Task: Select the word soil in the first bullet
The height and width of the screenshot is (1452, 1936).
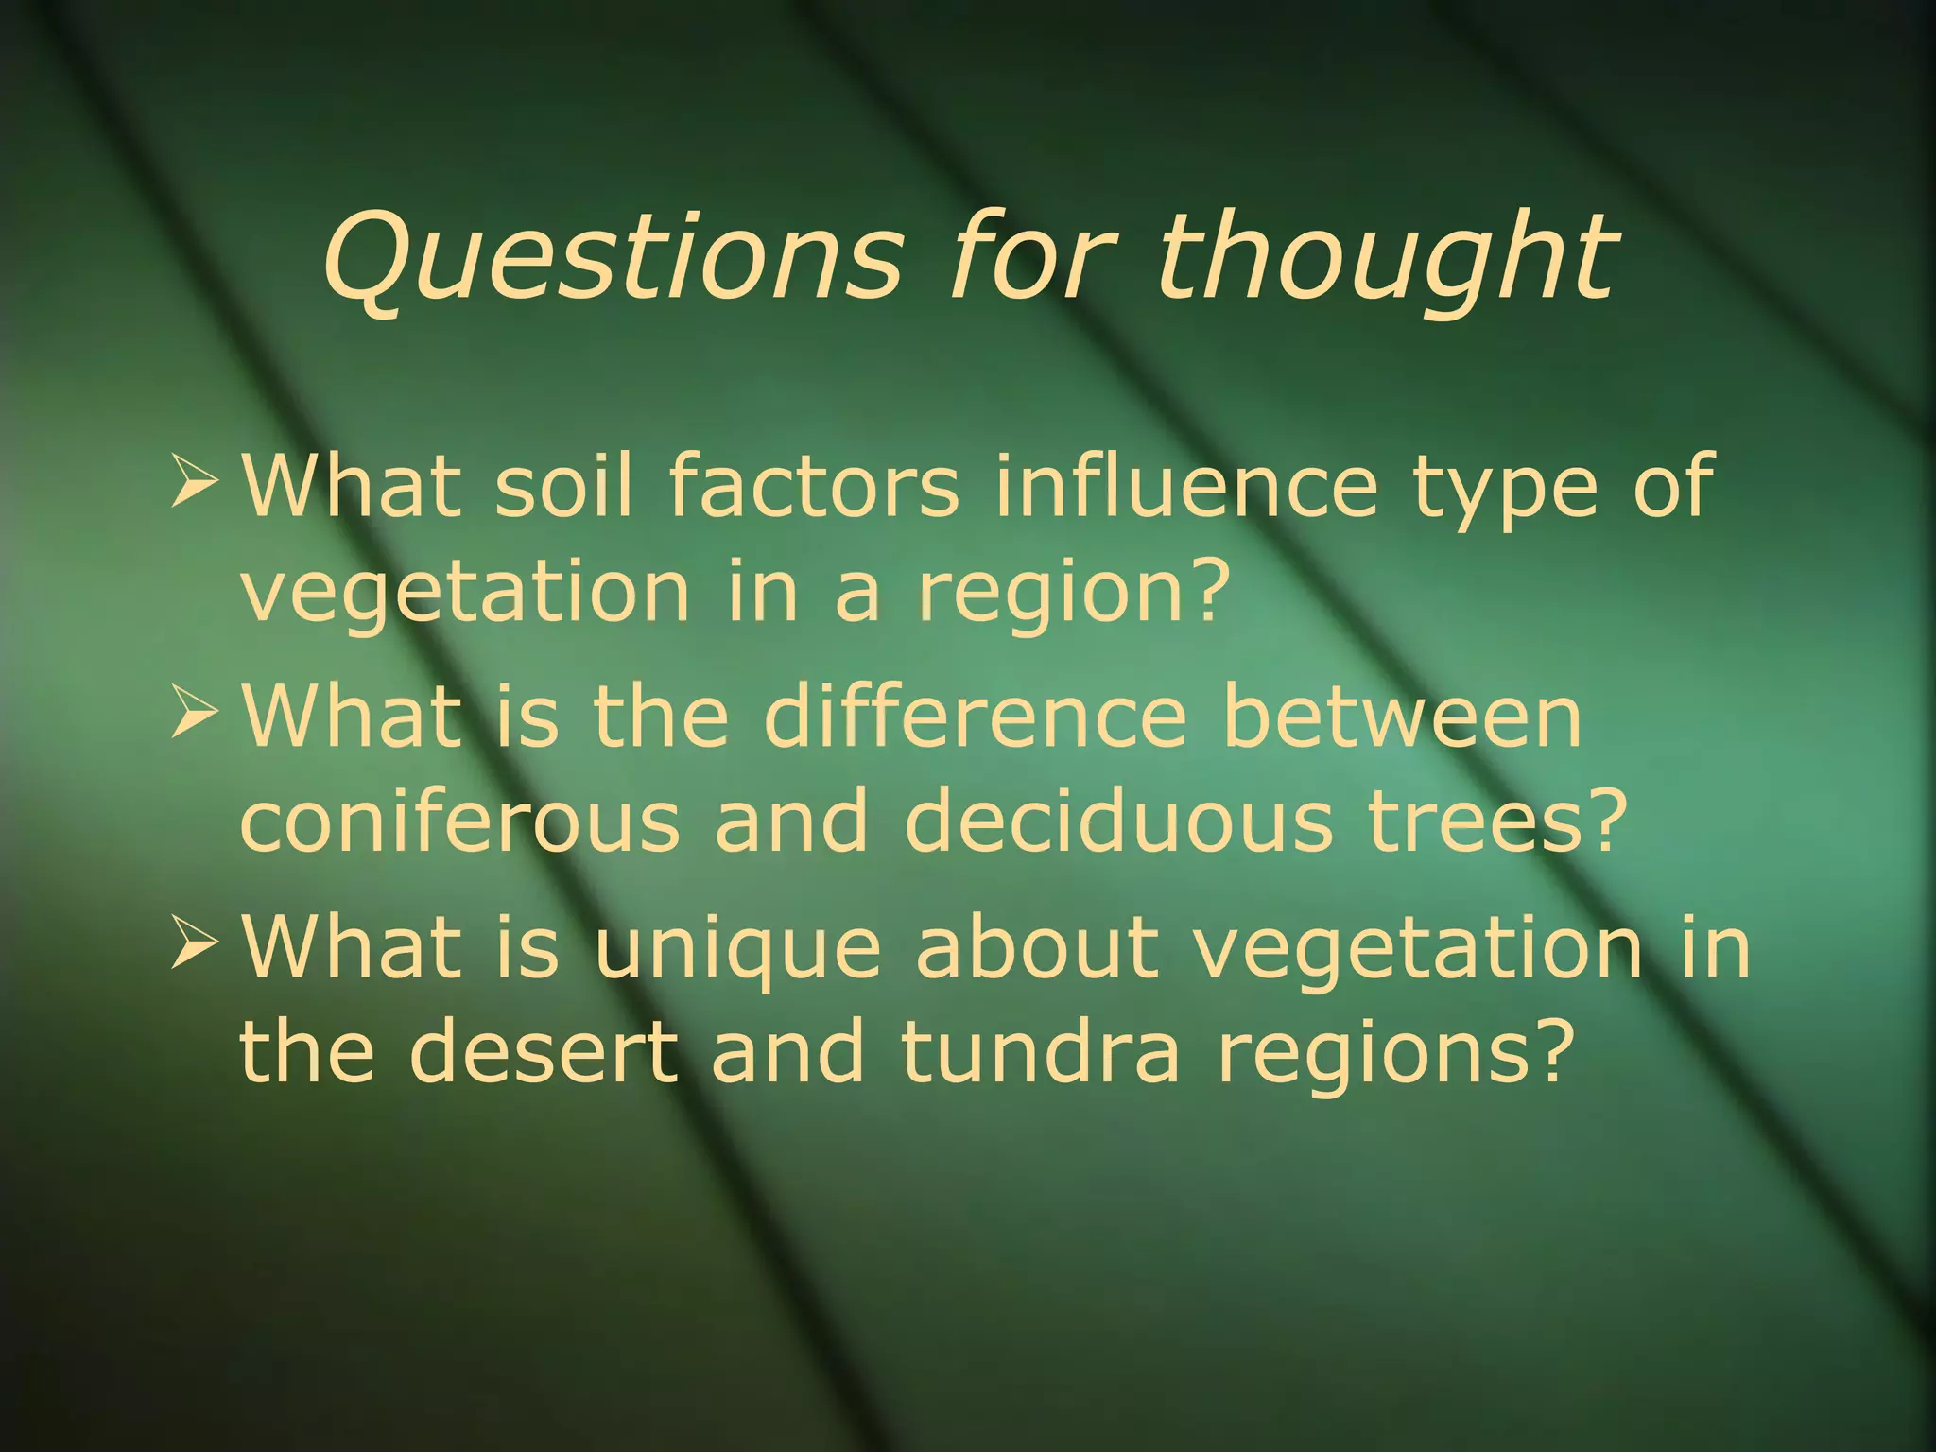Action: [563, 485]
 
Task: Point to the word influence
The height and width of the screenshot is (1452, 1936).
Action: [1186, 485]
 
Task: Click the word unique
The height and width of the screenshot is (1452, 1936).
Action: [737, 950]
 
